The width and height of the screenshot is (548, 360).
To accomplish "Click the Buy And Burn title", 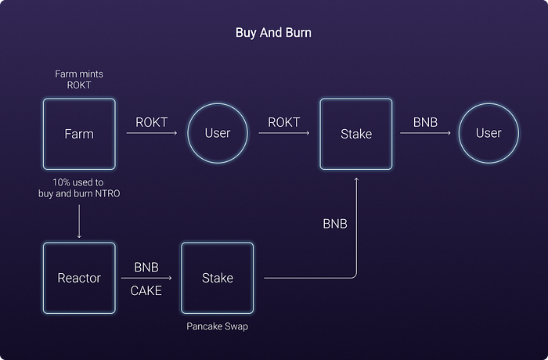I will point(273,33).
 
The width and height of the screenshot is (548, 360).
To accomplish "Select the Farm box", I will point(79,134).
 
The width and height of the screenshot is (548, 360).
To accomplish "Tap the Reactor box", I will point(79,278).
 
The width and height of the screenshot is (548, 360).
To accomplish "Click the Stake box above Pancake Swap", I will point(217,278).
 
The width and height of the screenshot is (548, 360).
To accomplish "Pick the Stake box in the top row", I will point(356,134).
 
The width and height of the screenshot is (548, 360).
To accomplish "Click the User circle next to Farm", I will point(217,133).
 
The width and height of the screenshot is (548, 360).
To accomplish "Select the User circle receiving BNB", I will point(489,133).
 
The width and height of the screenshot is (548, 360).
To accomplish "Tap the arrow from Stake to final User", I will point(425,134).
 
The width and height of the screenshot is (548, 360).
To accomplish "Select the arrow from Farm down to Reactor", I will point(79,224).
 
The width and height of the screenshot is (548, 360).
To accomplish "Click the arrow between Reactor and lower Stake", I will point(146,278).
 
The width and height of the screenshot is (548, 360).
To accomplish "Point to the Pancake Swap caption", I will point(217,326).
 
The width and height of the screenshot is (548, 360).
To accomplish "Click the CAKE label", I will point(146,290).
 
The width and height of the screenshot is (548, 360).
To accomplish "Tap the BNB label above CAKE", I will point(146,267).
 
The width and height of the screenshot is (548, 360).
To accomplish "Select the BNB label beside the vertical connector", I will point(335,224).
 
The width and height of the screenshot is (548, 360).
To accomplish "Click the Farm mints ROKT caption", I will point(79,79).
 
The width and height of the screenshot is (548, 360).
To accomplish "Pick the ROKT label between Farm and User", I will point(151,122).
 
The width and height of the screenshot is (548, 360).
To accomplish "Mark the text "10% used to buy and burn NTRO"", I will point(79,187).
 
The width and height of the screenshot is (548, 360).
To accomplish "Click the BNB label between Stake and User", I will point(425,122).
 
